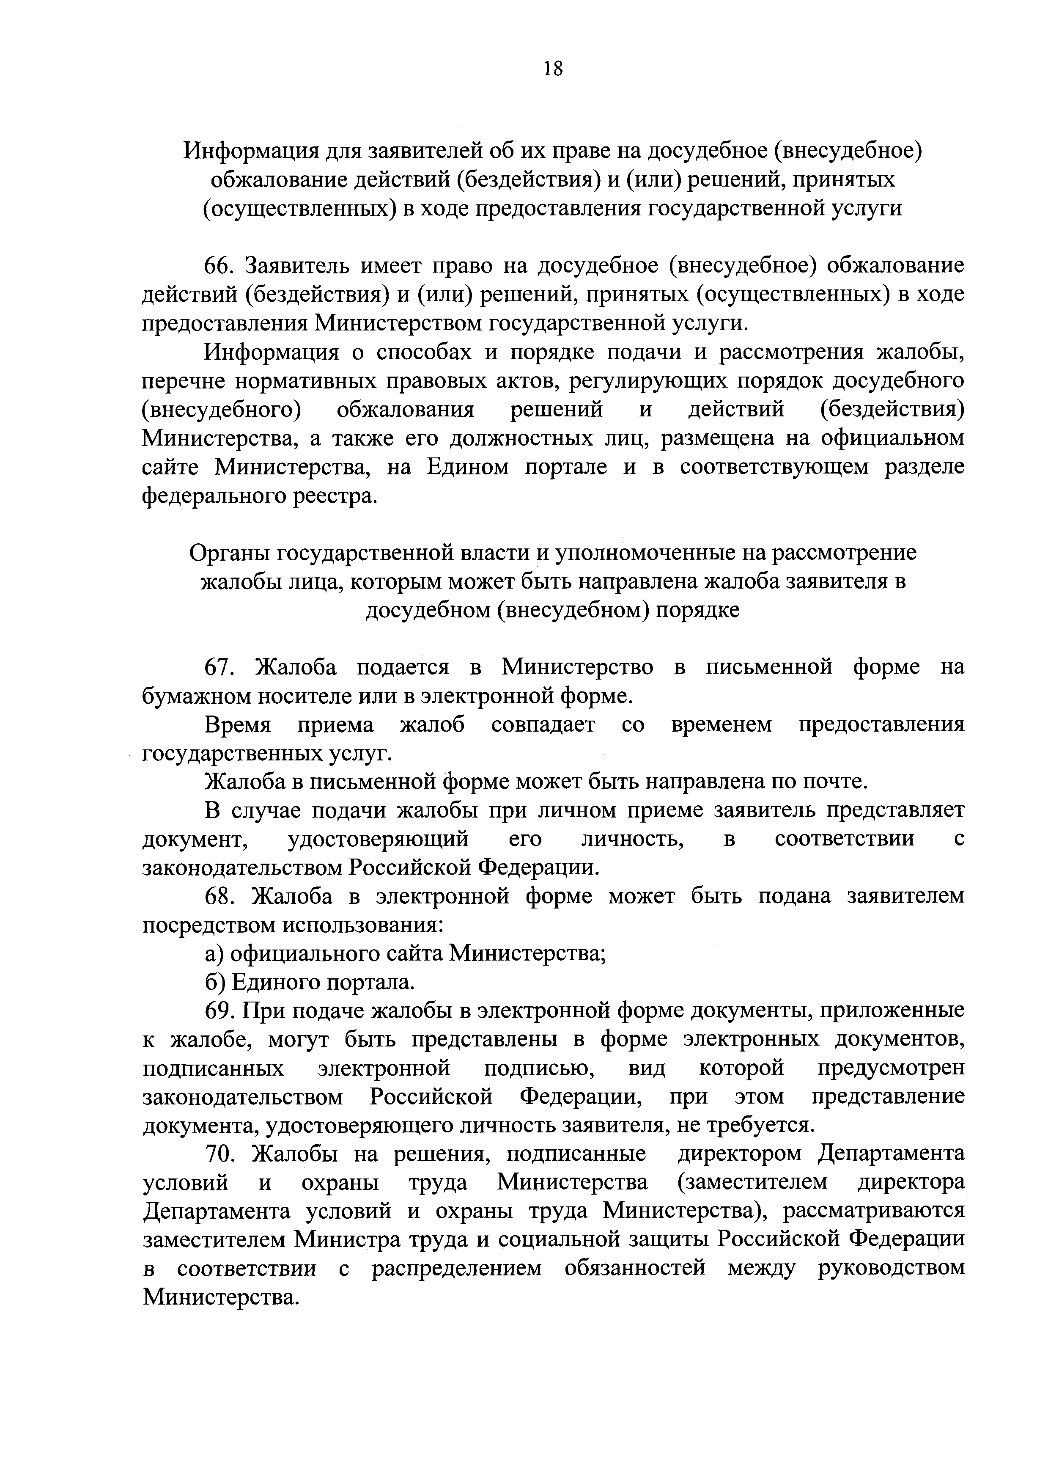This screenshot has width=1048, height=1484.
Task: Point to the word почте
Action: tap(834, 782)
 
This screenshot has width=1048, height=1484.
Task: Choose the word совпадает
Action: tap(543, 724)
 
